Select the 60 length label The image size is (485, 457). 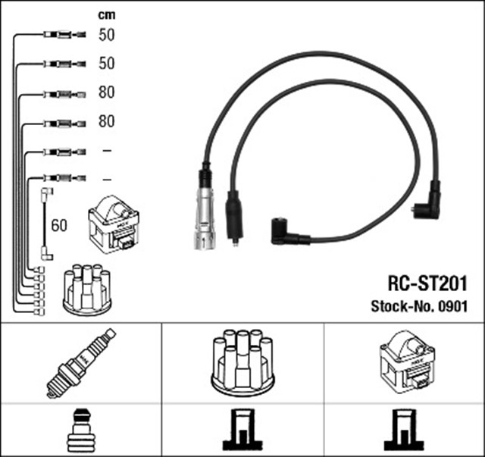coord(59,225)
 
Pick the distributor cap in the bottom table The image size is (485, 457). coord(242,362)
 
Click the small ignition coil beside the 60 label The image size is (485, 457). coord(113,224)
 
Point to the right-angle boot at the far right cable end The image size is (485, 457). coord(426,202)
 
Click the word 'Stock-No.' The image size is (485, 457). coord(401,306)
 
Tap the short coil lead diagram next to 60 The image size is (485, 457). coord(45,224)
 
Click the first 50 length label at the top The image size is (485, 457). coord(106,34)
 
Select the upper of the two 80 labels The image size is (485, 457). coord(106,92)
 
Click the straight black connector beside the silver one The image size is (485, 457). coord(235,215)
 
